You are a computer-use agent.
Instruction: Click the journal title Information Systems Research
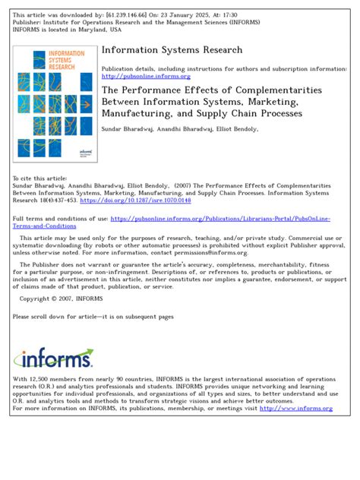coord(172,50)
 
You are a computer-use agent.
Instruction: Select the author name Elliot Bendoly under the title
coord(237,129)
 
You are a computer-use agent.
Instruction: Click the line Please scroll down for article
coord(93,316)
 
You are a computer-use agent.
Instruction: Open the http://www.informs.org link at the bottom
coord(295,409)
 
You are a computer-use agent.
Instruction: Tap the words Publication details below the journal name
coord(128,68)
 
